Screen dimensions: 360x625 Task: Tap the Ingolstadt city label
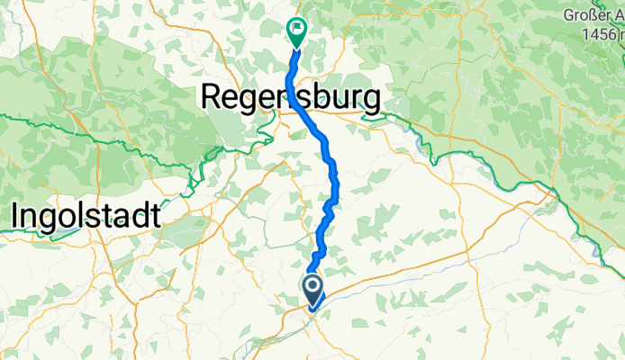pyautogui.click(x=86, y=215)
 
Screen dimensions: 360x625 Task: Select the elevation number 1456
pyautogui.click(x=600, y=34)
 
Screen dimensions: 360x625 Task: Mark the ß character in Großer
pyautogui.click(x=596, y=15)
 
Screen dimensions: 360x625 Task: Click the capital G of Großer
pyautogui.click(x=569, y=15)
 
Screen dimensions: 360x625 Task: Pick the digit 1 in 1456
pyautogui.click(x=584, y=34)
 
